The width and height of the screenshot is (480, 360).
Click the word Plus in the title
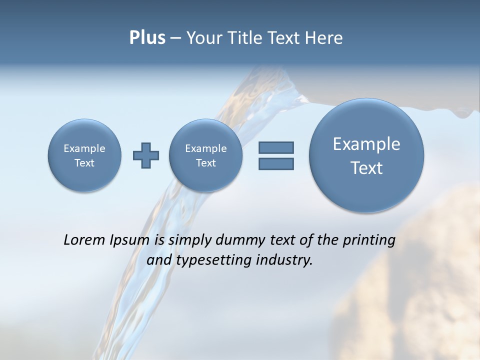pyautogui.click(x=147, y=38)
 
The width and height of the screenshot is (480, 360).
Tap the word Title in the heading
pyautogui.click(x=247, y=38)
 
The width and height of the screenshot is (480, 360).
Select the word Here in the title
pyautogui.click(x=323, y=38)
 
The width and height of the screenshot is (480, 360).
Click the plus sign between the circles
pyautogui.click(x=146, y=155)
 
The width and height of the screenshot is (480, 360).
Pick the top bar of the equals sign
pyautogui.click(x=276, y=148)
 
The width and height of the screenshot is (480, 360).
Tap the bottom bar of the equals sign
pyautogui.click(x=276, y=163)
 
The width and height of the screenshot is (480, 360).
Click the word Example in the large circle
pyautogui.click(x=366, y=144)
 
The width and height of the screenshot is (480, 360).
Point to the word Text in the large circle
pyautogui.click(x=366, y=168)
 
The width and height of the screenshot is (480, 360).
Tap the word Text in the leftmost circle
pyautogui.click(x=84, y=163)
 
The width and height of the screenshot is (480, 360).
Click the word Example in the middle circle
pyautogui.click(x=205, y=148)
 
